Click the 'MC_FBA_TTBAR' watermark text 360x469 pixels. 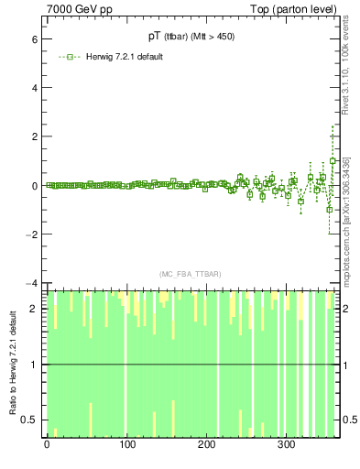coord(190,274)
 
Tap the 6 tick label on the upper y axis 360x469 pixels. coord(33,40)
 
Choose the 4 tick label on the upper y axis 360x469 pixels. coord(33,89)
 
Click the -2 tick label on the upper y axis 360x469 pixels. coord(31,234)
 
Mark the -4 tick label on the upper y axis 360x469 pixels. coord(31,282)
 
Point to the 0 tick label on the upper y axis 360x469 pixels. coord(33,185)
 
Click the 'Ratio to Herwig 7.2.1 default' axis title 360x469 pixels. coord(13,364)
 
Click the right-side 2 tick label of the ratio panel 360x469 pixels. coord(346,308)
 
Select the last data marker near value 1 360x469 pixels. coord(333,161)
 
